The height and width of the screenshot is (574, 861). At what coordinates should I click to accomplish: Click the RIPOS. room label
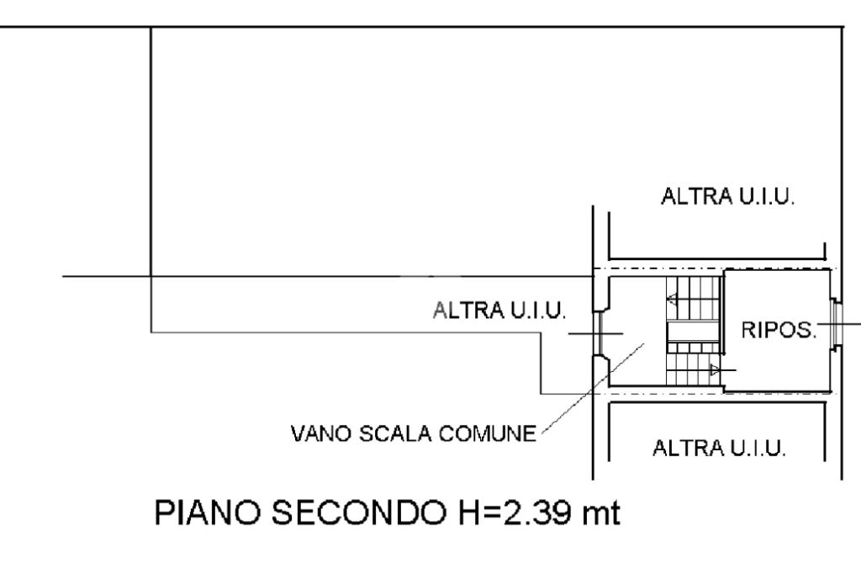click(779, 330)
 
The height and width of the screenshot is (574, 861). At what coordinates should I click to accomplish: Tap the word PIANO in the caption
click(207, 513)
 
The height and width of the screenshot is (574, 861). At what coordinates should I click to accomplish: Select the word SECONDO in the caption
click(359, 513)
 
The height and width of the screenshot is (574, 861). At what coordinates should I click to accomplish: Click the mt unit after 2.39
click(602, 513)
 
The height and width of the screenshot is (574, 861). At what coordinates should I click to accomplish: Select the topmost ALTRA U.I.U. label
click(728, 196)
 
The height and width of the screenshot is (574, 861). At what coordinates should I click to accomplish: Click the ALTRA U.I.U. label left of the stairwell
click(499, 310)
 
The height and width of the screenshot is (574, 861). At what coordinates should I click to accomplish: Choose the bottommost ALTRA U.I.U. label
click(720, 448)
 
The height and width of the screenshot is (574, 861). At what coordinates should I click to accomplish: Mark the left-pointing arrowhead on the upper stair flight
click(672, 300)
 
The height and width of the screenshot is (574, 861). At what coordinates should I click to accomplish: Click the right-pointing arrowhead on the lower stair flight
click(715, 370)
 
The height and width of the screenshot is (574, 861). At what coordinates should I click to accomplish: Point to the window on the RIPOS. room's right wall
click(837, 324)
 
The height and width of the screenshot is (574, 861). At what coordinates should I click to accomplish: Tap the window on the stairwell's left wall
click(599, 333)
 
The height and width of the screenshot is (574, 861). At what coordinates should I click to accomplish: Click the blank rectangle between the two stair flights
click(693, 332)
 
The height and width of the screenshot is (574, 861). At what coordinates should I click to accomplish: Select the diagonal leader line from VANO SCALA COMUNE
click(593, 390)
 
